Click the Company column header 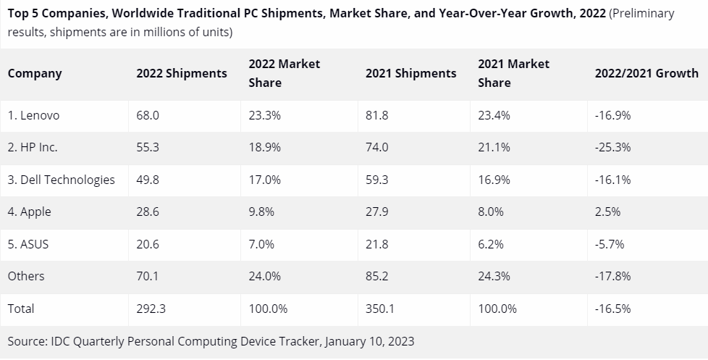(35, 73)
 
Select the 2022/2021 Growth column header (646, 73)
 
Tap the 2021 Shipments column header (410, 73)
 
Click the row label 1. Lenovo (33, 115)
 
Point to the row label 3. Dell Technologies (61, 180)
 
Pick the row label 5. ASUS (28, 244)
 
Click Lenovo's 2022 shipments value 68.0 (148, 115)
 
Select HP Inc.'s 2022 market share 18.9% (264, 147)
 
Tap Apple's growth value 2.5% (607, 212)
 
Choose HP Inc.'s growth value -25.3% (612, 147)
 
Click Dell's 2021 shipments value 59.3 (377, 180)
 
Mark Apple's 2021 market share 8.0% (491, 212)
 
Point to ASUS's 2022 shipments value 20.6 (148, 244)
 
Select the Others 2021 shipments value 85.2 (377, 276)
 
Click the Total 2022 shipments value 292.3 (151, 309)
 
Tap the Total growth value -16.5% (612, 309)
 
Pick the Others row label (26, 276)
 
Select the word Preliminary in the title (641, 14)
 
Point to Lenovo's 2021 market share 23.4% (494, 115)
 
